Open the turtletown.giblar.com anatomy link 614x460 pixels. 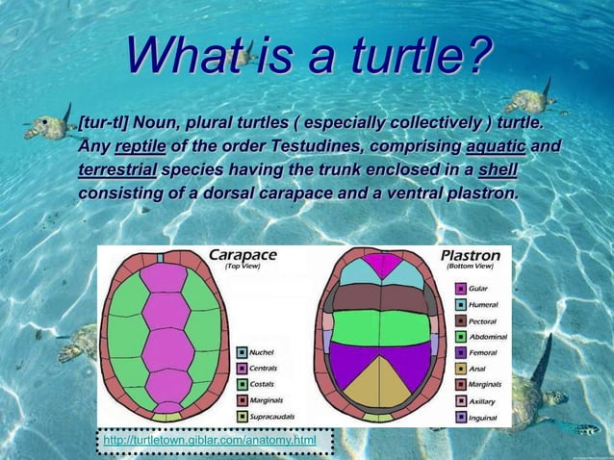pos(209,441)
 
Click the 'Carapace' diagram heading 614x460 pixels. pos(243,255)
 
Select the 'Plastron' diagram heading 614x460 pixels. pos(470,256)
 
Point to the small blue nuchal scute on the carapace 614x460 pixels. pos(161,258)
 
